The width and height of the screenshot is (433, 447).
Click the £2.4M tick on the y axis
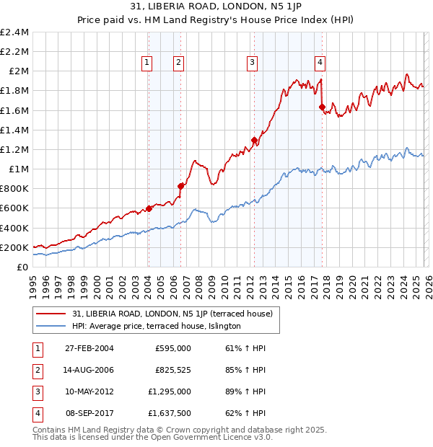[14, 32]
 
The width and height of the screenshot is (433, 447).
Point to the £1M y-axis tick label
[19, 169]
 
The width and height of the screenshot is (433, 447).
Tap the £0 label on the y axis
[23, 267]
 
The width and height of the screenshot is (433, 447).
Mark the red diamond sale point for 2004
[149, 208]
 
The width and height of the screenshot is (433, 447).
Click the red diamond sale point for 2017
[322, 107]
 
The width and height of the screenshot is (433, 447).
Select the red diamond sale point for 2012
[254, 140]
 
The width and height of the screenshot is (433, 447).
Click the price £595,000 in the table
[172, 348]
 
